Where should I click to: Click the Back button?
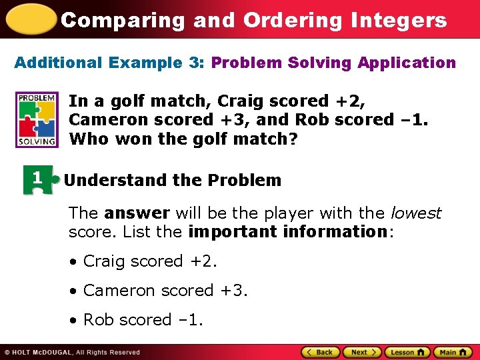pos(321,352)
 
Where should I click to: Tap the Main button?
pos(452,352)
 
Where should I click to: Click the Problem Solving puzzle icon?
pos(37,119)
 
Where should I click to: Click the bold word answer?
pos(137,213)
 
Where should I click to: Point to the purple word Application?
pos(407,63)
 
